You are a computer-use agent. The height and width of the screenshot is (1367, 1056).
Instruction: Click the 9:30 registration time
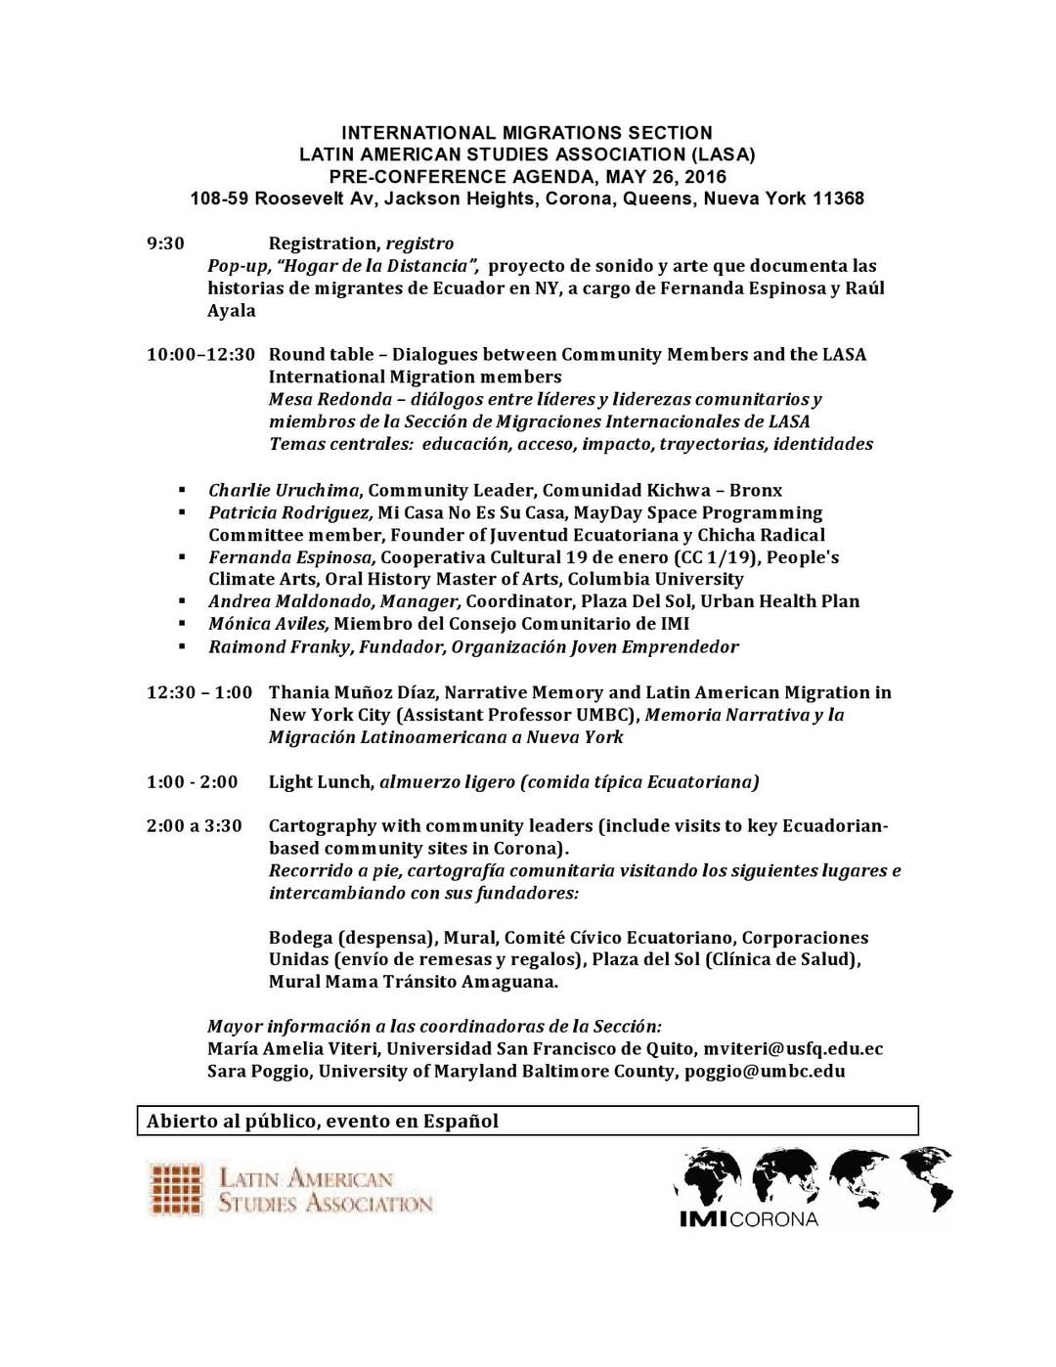(165, 243)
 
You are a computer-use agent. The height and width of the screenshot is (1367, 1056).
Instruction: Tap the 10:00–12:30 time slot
(200, 354)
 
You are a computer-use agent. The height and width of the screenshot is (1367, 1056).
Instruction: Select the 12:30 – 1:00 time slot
(198, 692)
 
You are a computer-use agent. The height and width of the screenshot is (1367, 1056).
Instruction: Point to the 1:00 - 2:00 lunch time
(192, 781)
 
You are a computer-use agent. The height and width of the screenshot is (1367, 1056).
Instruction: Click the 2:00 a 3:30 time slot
(194, 825)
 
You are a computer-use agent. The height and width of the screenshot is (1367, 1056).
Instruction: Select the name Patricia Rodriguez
(289, 512)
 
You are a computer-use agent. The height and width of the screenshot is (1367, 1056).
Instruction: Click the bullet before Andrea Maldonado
(182, 601)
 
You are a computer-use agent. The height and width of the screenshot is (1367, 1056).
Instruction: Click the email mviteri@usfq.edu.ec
(793, 1048)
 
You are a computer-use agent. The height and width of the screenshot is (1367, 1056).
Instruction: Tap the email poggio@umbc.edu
(765, 1071)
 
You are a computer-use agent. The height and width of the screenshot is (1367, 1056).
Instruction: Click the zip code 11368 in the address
(838, 198)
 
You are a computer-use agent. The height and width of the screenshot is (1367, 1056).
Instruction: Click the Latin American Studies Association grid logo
(176, 1189)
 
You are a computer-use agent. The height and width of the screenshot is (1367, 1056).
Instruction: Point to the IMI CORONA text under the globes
(748, 1219)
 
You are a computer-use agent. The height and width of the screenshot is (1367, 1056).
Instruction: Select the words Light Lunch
(320, 781)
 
